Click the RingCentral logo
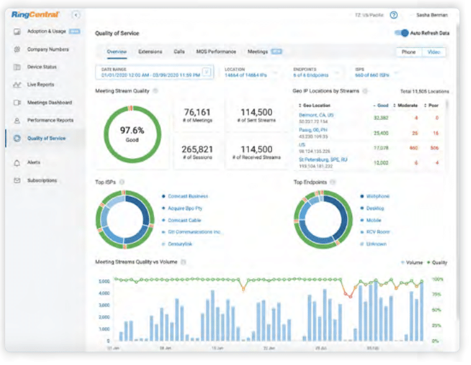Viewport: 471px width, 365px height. (x=35, y=13)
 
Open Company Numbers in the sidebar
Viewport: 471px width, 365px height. (x=47, y=49)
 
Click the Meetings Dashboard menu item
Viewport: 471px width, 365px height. (x=49, y=102)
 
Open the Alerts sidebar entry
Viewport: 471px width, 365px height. (x=33, y=163)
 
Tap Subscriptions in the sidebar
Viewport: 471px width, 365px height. (x=42, y=181)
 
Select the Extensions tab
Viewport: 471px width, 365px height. (x=150, y=52)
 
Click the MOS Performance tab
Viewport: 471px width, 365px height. (x=216, y=52)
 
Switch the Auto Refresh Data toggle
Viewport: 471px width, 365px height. (x=402, y=33)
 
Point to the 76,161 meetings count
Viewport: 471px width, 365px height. (x=198, y=113)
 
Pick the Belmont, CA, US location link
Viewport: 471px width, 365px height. (x=316, y=115)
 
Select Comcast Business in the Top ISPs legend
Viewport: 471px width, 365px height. (x=187, y=197)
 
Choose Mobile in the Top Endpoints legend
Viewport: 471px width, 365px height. (x=374, y=220)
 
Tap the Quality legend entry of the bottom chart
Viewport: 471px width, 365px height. (x=439, y=263)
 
